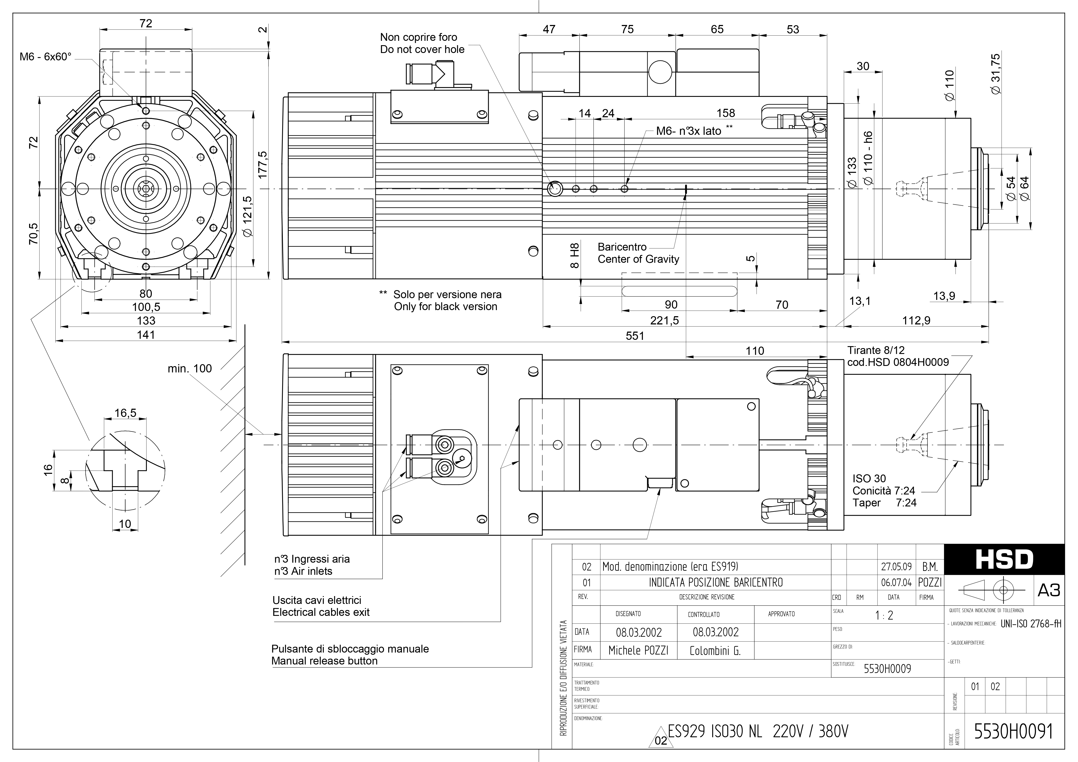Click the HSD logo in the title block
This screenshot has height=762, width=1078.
pyautogui.click(x=1004, y=559)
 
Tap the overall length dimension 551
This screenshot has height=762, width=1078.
pyautogui.click(x=635, y=336)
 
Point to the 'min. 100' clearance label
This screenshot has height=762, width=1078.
pyautogui.click(x=190, y=369)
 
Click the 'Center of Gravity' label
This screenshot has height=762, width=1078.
pyautogui.click(x=638, y=259)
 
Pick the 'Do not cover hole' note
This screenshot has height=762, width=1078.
pyautogui.click(x=422, y=49)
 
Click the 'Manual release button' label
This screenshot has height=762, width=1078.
pyautogui.click(x=325, y=661)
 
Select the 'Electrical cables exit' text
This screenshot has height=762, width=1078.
pyautogui.click(x=321, y=612)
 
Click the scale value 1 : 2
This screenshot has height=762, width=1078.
pyautogui.click(x=884, y=615)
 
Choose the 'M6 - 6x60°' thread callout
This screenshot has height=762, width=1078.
pyautogui.click(x=46, y=57)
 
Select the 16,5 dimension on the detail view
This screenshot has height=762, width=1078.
pyautogui.click(x=125, y=413)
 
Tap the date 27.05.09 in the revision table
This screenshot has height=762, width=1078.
pyautogui.click(x=896, y=567)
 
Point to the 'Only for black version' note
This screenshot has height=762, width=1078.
pyautogui.click(x=445, y=307)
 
